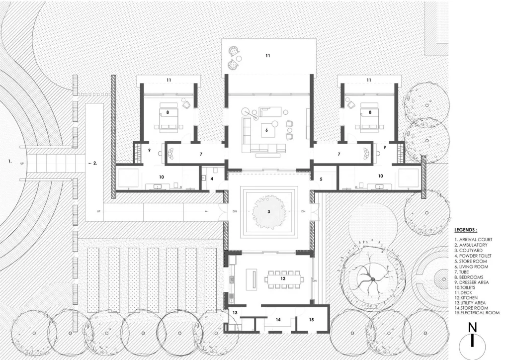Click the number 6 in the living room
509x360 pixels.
(x=267, y=130)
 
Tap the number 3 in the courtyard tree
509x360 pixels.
(x=269, y=211)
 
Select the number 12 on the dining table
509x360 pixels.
(x=283, y=279)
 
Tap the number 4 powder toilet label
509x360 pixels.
(x=211, y=178)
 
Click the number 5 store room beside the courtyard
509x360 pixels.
(x=321, y=178)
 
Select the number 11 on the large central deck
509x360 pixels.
(x=268, y=56)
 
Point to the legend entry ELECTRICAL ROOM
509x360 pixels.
(x=477, y=313)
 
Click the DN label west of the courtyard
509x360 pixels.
(x=235, y=211)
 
